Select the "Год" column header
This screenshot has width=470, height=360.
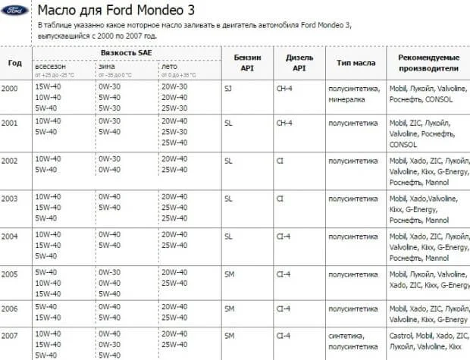[14, 62]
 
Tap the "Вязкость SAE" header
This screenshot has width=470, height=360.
[124, 53]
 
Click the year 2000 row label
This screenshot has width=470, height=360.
[9, 89]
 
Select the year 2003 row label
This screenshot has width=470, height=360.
[9, 198]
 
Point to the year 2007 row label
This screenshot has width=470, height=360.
[9, 334]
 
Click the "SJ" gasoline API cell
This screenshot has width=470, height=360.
[229, 89]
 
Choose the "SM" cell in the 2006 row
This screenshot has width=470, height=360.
[230, 308]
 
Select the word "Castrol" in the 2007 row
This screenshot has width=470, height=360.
[401, 334]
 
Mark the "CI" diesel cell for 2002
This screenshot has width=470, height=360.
[280, 161]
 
